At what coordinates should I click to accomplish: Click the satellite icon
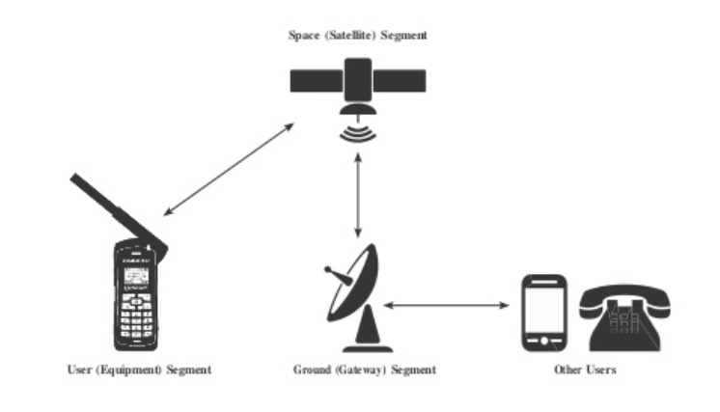pyautogui.click(x=358, y=85)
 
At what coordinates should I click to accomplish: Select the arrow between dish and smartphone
pyautogui.click(x=445, y=306)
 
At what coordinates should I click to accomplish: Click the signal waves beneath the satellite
pyautogui.click(x=358, y=131)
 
